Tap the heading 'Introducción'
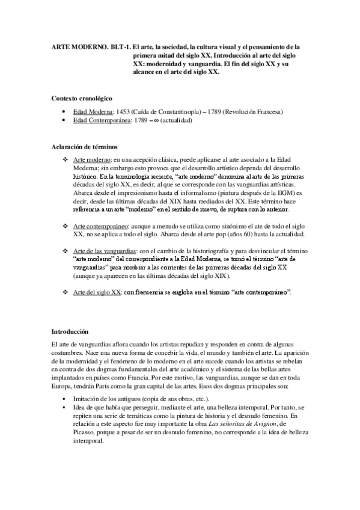tap(70, 331)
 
